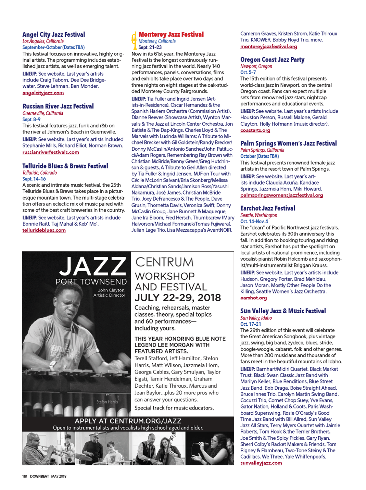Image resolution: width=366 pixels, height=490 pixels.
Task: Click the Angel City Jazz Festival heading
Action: click(x=54, y=35)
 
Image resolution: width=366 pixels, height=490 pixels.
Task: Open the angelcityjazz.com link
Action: click(x=43, y=93)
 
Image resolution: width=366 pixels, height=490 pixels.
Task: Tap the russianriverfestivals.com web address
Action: click(x=51, y=152)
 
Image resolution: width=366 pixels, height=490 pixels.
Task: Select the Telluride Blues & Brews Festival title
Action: click(x=65, y=166)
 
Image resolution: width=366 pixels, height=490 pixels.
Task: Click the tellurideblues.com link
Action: click(x=44, y=230)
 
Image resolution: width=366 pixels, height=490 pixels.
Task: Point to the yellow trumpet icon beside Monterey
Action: click(x=134, y=40)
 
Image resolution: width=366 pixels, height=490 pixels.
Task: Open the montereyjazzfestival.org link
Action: click(x=268, y=46)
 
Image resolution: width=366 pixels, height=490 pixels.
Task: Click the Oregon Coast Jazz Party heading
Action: click(x=272, y=60)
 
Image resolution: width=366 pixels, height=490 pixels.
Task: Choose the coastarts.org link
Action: click(x=255, y=130)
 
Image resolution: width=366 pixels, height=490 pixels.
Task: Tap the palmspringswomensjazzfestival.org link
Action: click(x=281, y=195)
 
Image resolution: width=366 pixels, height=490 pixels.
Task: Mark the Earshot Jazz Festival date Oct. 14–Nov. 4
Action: click(x=254, y=221)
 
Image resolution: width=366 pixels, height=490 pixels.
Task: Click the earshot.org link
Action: click(x=253, y=298)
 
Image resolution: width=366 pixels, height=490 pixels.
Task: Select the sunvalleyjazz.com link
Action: click(x=261, y=463)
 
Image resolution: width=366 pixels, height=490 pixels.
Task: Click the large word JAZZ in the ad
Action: click(x=92, y=266)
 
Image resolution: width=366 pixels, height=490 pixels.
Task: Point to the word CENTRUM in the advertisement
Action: click(x=164, y=262)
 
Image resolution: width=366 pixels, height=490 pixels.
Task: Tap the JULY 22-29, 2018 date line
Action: click(x=178, y=298)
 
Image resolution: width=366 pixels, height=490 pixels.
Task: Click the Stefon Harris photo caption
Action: click(x=107, y=402)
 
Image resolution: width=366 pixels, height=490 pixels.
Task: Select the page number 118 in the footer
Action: click(x=25, y=476)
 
